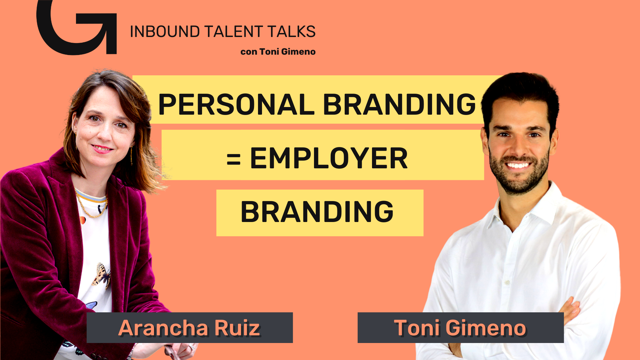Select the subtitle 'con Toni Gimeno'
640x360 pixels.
(278, 52)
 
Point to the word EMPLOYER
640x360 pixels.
(329, 158)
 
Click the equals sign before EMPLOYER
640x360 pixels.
(233, 159)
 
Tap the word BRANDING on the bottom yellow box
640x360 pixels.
(317, 212)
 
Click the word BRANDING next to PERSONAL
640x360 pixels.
(399, 104)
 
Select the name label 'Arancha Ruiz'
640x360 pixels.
(189, 328)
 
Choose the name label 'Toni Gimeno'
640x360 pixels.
(460, 328)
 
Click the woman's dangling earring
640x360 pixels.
(131, 155)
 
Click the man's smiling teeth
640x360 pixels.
(518, 165)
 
